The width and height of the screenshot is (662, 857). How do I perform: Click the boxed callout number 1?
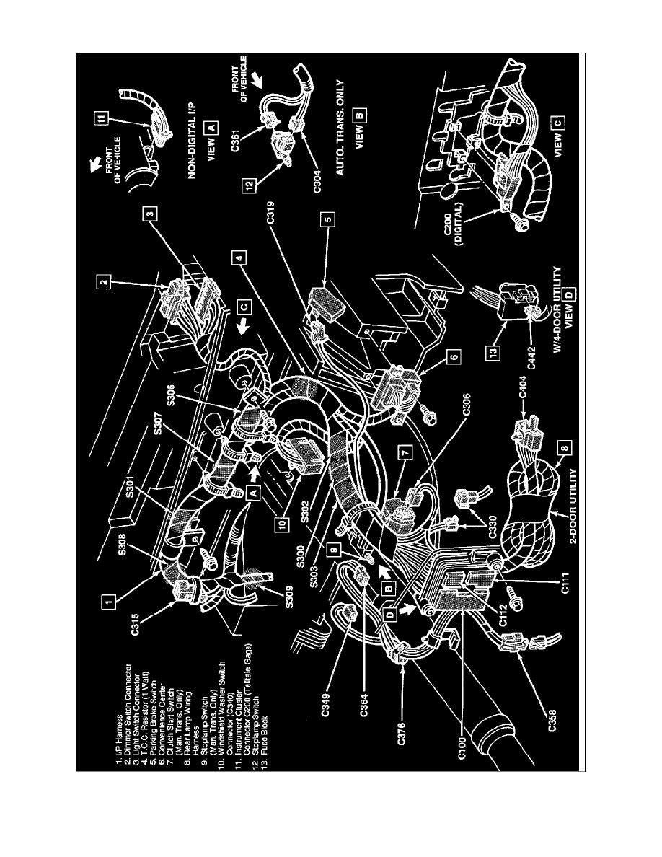(x=107, y=599)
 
